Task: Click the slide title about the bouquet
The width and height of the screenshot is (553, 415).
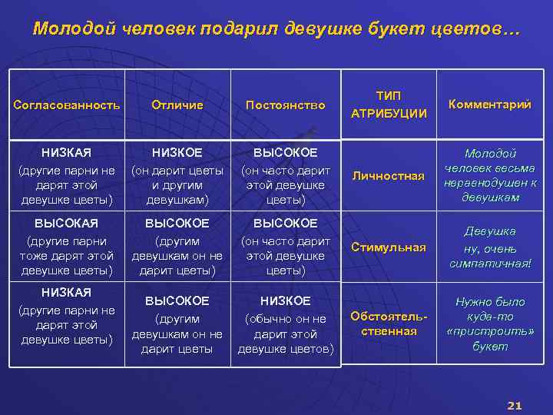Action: [x=276, y=29]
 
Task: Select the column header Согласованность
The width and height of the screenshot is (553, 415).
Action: [x=67, y=105]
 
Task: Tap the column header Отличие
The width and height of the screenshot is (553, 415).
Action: [x=177, y=105]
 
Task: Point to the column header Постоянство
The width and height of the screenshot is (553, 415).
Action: [x=285, y=105]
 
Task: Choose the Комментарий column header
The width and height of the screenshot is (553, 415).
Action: [x=489, y=105]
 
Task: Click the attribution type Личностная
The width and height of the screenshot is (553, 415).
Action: [x=388, y=176]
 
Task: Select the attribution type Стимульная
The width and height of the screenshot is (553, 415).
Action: [x=388, y=247]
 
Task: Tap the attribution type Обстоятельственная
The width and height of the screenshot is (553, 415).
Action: [x=388, y=323]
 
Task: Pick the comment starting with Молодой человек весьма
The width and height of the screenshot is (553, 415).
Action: [x=491, y=176]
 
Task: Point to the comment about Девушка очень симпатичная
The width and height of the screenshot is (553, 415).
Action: [x=491, y=247]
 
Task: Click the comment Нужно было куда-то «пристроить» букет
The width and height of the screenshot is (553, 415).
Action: [x=491, y=324]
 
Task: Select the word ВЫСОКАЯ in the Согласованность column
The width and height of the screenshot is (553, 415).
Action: [x=67, y=224]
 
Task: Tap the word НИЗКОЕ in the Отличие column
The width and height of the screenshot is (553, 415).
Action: [x=177, y=153]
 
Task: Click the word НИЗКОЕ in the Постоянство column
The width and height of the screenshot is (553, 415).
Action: [x=285, y=300]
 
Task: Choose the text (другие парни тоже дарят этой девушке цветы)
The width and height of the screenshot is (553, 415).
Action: [x=67, y=256]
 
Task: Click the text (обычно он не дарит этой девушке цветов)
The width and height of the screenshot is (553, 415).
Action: [x=285, y=334]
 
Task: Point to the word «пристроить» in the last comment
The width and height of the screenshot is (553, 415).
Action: [x=491, y=331]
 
